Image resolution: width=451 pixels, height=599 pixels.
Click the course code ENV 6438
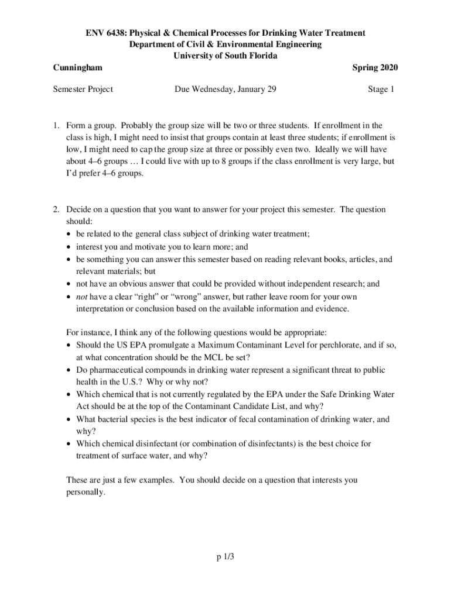tap(104, 32)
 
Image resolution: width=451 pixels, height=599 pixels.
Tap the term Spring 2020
tap(375, 68)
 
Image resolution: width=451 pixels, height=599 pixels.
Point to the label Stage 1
tap(381, 89)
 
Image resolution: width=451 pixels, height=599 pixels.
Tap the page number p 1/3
tap(225, 557)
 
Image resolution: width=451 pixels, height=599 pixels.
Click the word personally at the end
tap(86, 493)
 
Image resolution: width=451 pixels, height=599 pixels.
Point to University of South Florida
tap(225, 56)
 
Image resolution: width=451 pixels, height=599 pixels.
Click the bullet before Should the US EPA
tap(70, 346)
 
